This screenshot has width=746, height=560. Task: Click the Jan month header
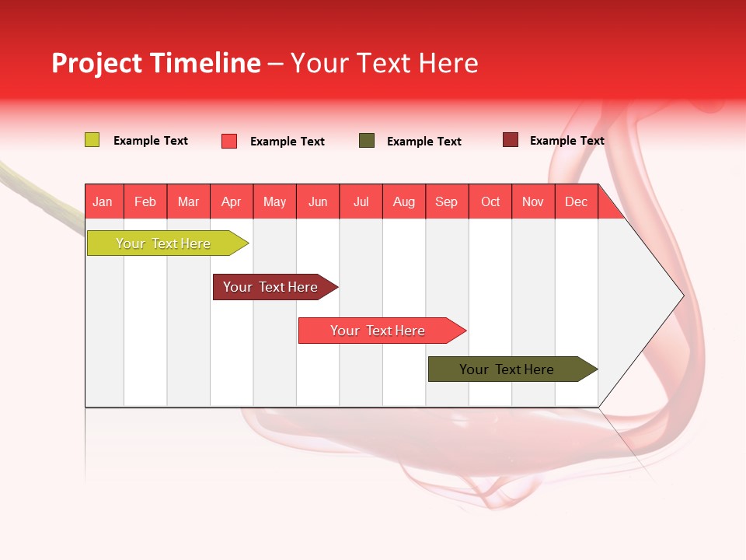pos(103,201)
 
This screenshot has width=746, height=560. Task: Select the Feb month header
pos(145,201)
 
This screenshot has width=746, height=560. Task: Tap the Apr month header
pos(231,201)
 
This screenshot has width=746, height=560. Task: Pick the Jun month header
pos(318,201)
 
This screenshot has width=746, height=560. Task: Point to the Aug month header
pos(403,201)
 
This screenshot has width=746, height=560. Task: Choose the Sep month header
pos(446,201)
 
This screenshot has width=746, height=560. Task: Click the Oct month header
pos(490,201)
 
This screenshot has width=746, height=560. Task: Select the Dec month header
pos(576,201)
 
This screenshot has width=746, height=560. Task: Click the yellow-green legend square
pos(92,140)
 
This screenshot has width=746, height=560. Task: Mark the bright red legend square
pos(229,141)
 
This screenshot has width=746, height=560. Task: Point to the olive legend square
pos(367,141)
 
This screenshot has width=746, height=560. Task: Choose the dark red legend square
pos(511,140)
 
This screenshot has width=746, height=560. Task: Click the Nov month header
pos(533,201)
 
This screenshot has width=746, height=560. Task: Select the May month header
pos(274,201)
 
